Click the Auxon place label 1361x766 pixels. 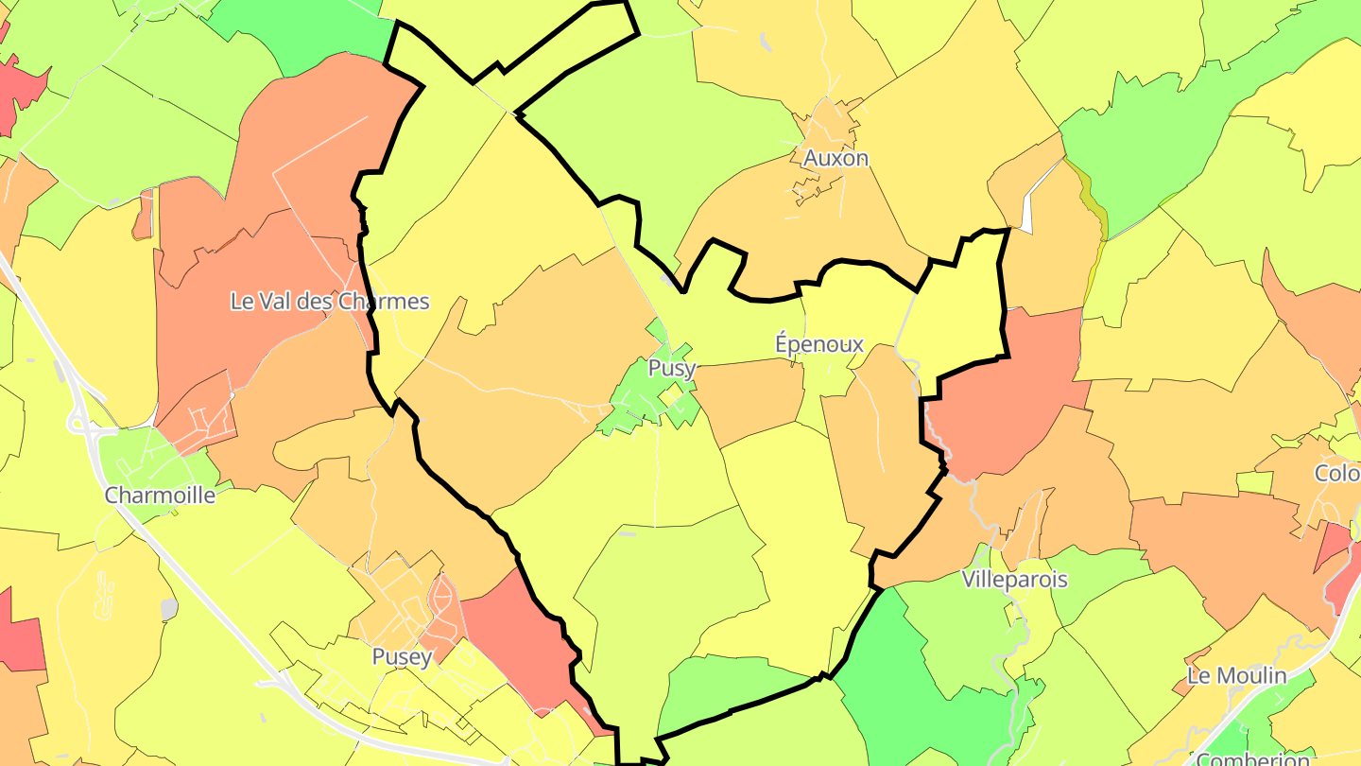click(x=836, y=159)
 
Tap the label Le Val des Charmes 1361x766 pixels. click(x=330, y=302)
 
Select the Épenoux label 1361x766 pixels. click(x=819, y=344)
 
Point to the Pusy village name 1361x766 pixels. click(x=672, y=368)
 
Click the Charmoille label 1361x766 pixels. click(x=160, y=495)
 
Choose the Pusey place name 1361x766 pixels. click(x=402, y=656)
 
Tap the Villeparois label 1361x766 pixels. click(x=1015, y=580)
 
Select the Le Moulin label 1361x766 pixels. click(x=1236, y=675)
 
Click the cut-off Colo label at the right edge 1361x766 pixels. click(x=1336, y=473)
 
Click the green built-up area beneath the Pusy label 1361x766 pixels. click(x=643, y=402)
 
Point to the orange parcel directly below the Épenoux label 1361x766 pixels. click(x=751, y=397)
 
